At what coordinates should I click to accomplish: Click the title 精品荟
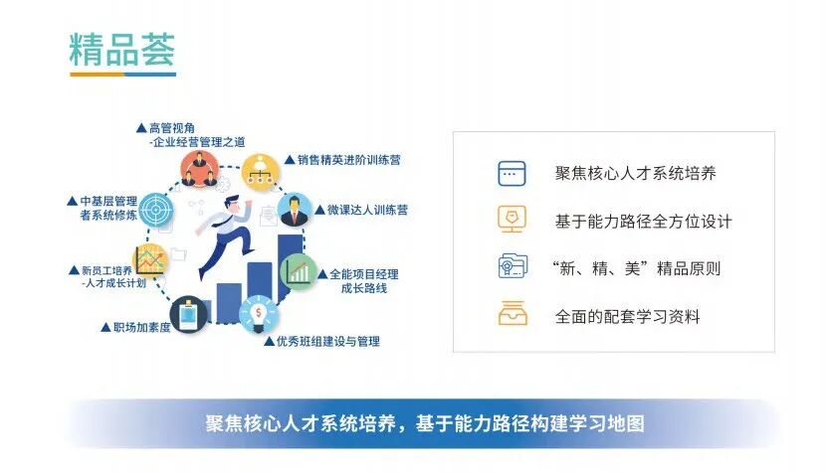click(x=121, y=49)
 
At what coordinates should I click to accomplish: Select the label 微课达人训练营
click(x=360, y=211)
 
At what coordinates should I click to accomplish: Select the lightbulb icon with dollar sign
click(x=257, y=314)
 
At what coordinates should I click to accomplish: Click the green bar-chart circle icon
click(x=299, y=270)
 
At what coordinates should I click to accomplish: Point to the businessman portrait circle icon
click(x=296, y=211)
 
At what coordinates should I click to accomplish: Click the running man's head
click(x=231, y=203)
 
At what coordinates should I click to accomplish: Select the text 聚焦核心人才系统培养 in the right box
click(x=635, y=173)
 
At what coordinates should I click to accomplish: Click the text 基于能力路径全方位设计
click(x=643, y=221)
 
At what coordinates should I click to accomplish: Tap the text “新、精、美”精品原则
click(x=635, y=268)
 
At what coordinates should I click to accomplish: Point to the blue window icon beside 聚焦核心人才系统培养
click(x=512, y=173)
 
